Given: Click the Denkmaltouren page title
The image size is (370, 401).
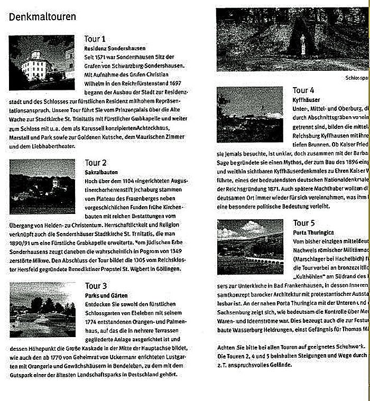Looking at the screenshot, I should click(x=42, y=17).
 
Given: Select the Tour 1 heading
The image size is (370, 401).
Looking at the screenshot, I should click(x=95, y=39).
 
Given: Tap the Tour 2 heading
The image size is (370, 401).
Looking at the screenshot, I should click(x=96, y=163).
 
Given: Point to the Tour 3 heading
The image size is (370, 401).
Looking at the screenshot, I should click(x=96, y=286).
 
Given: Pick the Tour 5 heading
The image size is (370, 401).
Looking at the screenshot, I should click(x=304, y=222).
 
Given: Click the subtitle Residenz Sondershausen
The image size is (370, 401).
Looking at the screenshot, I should click(x=115, y=48).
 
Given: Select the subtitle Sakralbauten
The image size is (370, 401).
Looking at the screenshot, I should click(x=100, y=172).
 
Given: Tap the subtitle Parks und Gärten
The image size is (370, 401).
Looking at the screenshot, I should click(x=106, y=295).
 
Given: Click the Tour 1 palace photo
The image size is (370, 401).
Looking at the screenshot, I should click(x=42, y=62).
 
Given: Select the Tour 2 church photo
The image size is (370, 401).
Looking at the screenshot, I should click(x=42, y=186).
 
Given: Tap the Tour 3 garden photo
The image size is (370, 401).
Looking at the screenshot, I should click(x=42, y=309).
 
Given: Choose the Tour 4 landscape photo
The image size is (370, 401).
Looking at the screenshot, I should click(x=249, y=114).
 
